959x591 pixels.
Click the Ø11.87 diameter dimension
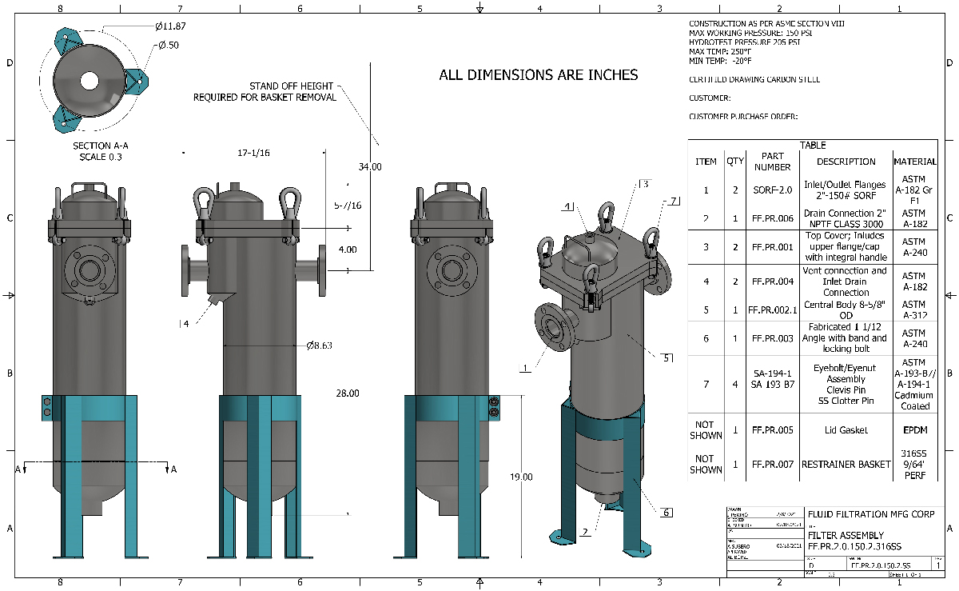[173, 26]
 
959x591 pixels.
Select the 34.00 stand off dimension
[370, 167]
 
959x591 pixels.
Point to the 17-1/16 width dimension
[253, 152]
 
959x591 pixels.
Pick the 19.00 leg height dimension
[521, 477]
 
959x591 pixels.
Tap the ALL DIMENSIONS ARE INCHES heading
[539, 75]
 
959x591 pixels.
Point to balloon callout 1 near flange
[525, 369]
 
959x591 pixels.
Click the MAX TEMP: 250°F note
[720, 51]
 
